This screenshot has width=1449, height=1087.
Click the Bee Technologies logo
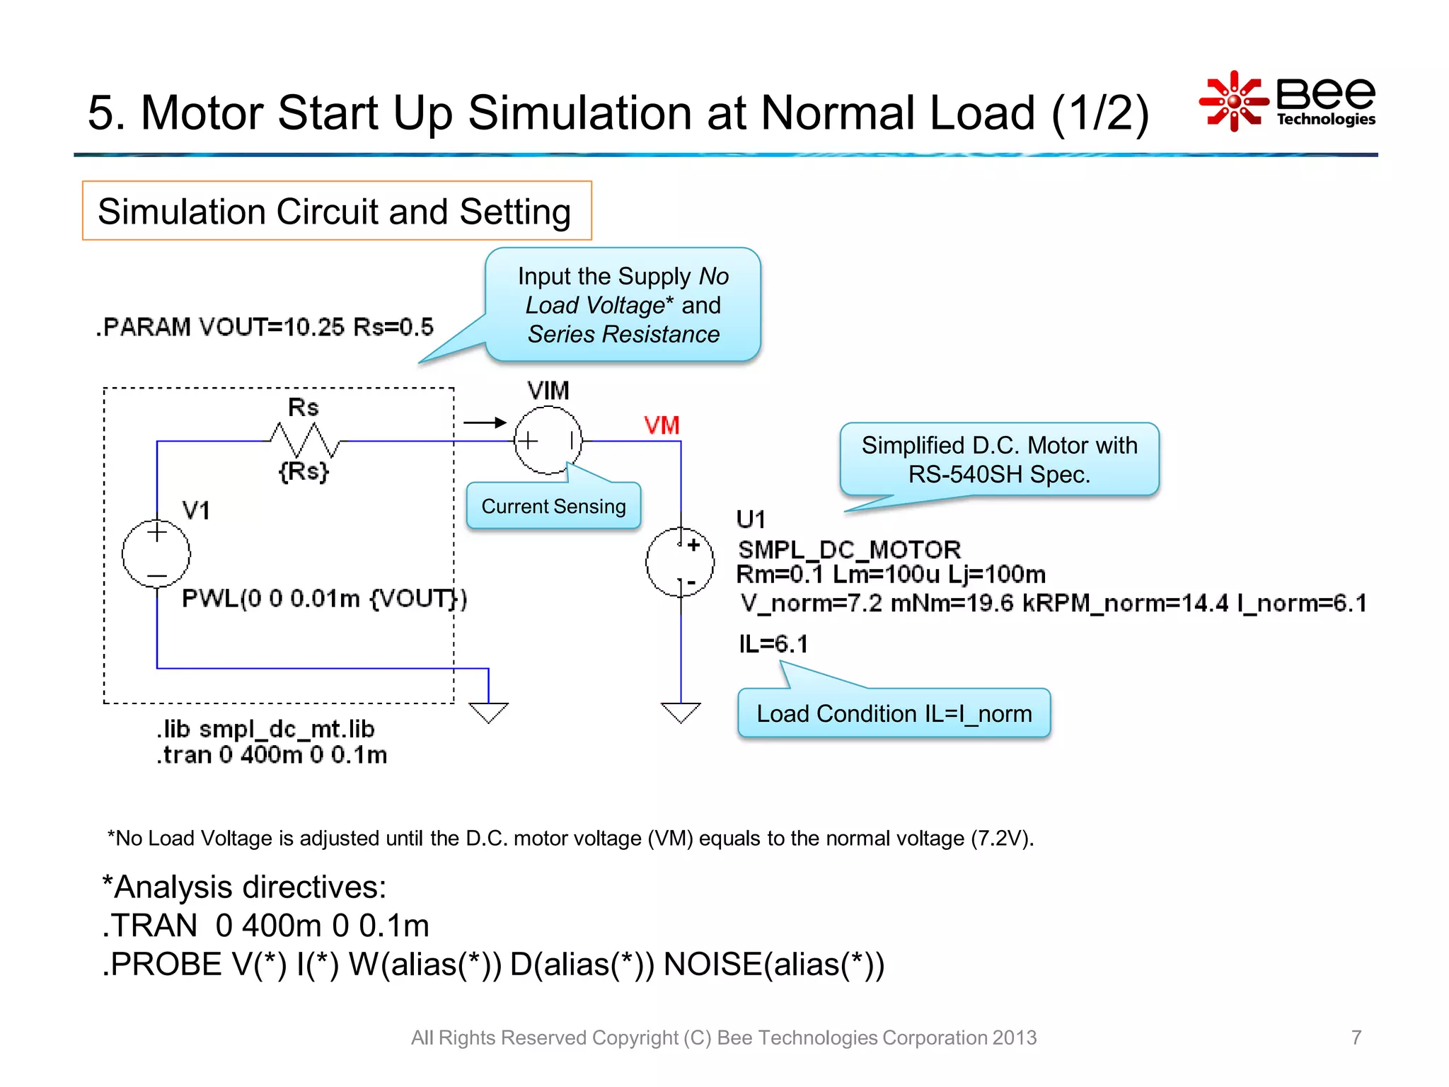[1288, 101]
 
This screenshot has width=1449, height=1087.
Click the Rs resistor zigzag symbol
[304, 440]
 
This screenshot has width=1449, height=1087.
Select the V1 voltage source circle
[156, 553]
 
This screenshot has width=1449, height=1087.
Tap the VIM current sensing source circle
[548, 440]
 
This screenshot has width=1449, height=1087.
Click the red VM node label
[662, 425]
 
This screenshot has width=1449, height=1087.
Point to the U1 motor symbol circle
[680, 563]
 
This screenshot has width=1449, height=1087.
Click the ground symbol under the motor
[681, 711]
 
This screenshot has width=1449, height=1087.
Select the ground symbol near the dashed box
[488, 711]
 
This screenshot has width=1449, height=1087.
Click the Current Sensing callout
[553, 506]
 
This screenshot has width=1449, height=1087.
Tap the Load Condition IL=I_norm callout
[894, 713]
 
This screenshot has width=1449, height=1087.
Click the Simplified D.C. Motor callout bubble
[999, 459]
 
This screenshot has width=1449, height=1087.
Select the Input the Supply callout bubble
[623, 305]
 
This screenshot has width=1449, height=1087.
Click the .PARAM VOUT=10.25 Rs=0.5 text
[265, 327]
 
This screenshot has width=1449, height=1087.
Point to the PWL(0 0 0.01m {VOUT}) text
[324, 599]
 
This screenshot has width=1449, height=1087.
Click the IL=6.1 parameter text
[773, 644]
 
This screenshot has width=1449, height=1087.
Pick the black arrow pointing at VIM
[485, 422]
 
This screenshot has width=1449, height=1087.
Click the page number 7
[1356, 1037]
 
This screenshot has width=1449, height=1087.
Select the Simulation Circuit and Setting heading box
[337, 211]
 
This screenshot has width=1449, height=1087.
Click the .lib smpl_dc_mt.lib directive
[265, 729]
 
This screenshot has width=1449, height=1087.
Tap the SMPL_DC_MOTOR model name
[849, 550]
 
